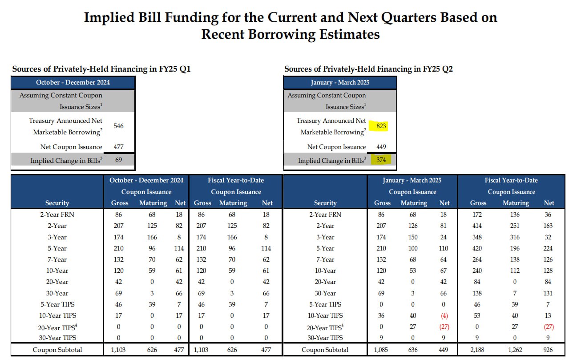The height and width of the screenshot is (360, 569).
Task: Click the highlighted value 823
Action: point(381,126)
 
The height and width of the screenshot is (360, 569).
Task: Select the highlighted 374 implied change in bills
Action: point(381,160)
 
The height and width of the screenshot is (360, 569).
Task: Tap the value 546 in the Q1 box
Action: point(118,126)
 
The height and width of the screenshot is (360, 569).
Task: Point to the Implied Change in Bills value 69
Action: point(118,160)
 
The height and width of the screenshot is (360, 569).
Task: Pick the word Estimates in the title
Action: point(349,34)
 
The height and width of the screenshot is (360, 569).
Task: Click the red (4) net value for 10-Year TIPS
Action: point(444,316)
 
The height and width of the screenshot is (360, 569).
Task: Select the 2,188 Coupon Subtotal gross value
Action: point(477,350)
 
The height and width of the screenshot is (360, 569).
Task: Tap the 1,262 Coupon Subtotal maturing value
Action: point(515,350)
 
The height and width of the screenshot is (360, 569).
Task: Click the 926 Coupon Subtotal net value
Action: point(548,350)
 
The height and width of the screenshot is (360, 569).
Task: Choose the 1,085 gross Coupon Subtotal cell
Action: point(381,350)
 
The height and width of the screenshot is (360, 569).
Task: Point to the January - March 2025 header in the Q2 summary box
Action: point(340,82)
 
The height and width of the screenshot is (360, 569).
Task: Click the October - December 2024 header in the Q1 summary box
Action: point(73,82)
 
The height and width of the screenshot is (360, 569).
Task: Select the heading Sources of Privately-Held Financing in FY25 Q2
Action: point(368,69)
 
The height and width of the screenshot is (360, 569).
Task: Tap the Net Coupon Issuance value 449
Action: point(381,147)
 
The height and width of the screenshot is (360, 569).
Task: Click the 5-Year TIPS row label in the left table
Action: point(57,304)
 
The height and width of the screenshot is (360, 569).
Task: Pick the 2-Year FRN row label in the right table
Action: point(325,214)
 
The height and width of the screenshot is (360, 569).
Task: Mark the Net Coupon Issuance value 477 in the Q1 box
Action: point(118,147)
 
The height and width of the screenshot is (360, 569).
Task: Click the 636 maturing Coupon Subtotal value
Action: point(413,350)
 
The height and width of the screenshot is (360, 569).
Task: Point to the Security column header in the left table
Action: point(57,203)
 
